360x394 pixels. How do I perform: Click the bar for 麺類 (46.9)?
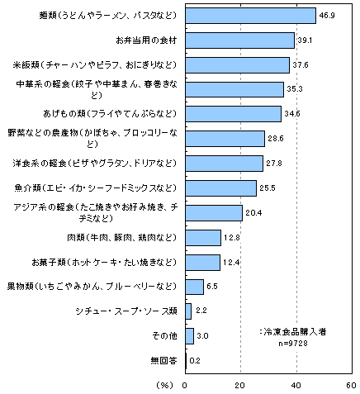pyautogui.click(x=250, y=16)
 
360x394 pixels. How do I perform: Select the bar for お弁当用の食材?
pyautogui.click(x=239, y=40)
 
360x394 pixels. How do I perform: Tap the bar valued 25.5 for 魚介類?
pyautogui.click(x=220, y=188)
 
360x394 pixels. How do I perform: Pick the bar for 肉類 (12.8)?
pyautogui.click(x=203, y=238)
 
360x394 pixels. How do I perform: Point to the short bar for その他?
pyautogui.click(x=189, y=336)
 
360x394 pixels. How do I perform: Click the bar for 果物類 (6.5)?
pyautogui.click(x=194, y=287)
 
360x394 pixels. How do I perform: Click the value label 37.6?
pyautogui.click(x=301, y=65)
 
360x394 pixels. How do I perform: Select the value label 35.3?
pyautogui.click(x=295, y=89)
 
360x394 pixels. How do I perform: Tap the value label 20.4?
pyautogui.click(x=253, y=213)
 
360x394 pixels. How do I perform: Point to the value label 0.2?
pyautogui.click(x=195, y=361)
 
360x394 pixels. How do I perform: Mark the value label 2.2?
pyautogui.click(x=201, y=311)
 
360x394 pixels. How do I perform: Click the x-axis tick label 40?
pyautogui.click(x=296, y=386)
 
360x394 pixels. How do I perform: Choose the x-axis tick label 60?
pyautogui.click(x=351, y=386)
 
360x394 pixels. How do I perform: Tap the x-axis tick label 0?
pyautogui.click(x=185, y=386)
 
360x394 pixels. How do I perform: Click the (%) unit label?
pyautogui.click(x=165, y=386)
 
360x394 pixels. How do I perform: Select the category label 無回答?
pyautogui.click(x=163, y=361)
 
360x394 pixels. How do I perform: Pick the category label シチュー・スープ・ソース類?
pyautogui.click(x=126, y=311)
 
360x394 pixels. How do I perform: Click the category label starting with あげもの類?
pyautogui.click(x=110, y=114)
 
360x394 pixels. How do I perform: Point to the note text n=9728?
pyautogui.click(x=293, y=344)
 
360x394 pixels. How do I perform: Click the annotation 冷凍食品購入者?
pyautogui.click(x=295, y=332)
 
